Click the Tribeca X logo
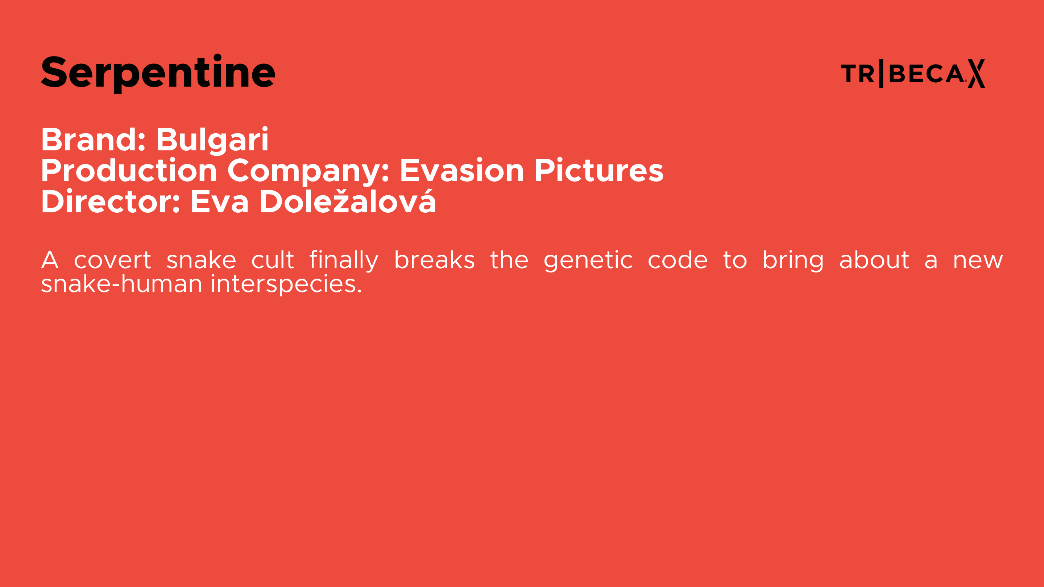(913, 73)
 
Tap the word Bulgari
(212, 140)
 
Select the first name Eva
(220, 201)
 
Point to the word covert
(113, 260)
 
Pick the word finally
(344, 261)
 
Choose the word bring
(793, 261)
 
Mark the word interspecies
(286, 284)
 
